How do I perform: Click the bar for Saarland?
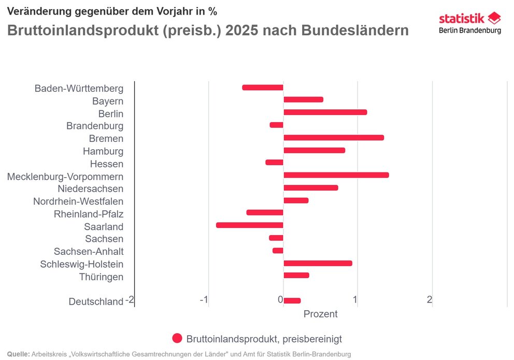249,225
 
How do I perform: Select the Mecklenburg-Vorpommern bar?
336,175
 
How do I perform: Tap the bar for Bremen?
333,138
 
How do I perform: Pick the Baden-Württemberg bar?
263,88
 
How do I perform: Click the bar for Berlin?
325,112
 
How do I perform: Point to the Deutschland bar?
292,301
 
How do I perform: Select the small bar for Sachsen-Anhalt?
278,251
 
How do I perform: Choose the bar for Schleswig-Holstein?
318,263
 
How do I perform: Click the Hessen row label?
107,164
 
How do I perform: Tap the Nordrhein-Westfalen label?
78,201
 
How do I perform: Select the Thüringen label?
102,277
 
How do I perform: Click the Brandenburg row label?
95,126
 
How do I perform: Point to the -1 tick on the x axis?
204,300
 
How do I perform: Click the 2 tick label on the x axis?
430,300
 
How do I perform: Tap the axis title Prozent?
320,314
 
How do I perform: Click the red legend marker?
177,339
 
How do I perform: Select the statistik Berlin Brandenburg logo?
470,24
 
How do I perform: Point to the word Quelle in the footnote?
18,354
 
